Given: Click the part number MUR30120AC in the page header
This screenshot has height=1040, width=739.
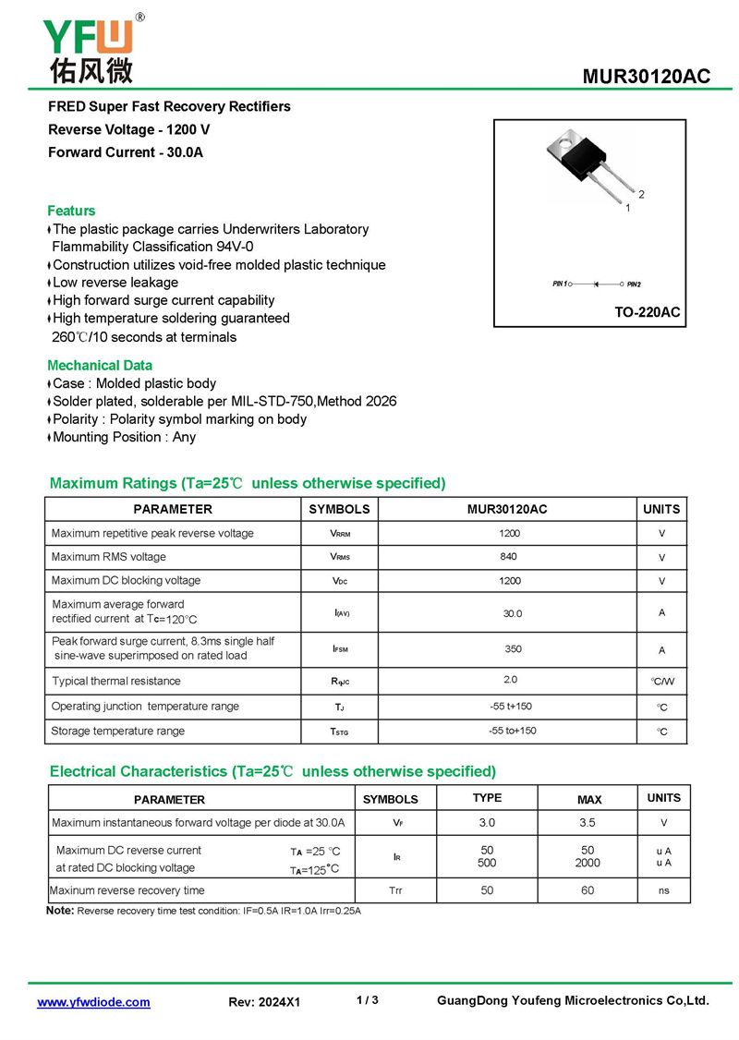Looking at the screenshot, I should pyautogui.click(x=646, y=77).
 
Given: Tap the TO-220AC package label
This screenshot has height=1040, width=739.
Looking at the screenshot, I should pyautogui.click(x=647, y=312).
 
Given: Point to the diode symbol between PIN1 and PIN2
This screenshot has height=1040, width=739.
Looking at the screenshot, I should pyautogui.click(x=596, y=284).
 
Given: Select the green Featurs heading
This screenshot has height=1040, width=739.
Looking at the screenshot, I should pyautogui.click(x=71, y=211).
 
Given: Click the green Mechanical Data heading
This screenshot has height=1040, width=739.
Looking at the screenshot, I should pyautogui.click(x=100, y=365).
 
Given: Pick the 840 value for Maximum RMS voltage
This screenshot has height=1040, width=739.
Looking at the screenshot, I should pyautogui.click(x=508, y=556).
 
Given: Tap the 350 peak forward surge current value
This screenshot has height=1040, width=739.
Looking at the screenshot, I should pyautogui.click(x=513, y=648).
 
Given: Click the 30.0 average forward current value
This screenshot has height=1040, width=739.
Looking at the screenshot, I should pyautogui.click(x=513, y=613).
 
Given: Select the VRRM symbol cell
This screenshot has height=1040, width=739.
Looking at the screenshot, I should pyautogui.click(x=340, y=534).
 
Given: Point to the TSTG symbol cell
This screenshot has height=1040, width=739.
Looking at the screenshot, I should pyautogui.click(x=340, y=732).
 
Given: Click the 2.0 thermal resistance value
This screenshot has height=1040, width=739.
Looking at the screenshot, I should pyautogui.click(x=511, y=680).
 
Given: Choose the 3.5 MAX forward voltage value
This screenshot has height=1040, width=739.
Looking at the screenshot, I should pyautogui.click(x=588, y=822).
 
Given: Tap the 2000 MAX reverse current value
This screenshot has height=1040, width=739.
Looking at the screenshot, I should pyautogui.click(x=588, y=863).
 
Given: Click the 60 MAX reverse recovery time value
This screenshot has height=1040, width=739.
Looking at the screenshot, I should pyautogui.click(x=588, y=890).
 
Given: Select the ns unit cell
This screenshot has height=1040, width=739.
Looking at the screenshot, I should pyautogui.click(x=663, y=890).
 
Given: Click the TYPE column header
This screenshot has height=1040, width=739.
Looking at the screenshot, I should pyautogui.click(x=487, y=798).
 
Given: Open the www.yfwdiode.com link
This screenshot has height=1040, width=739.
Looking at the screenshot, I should pyautogui.click(x=93, y=1002).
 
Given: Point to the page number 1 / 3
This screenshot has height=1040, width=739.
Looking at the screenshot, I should pyautogui.click(x=367, y=1000).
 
